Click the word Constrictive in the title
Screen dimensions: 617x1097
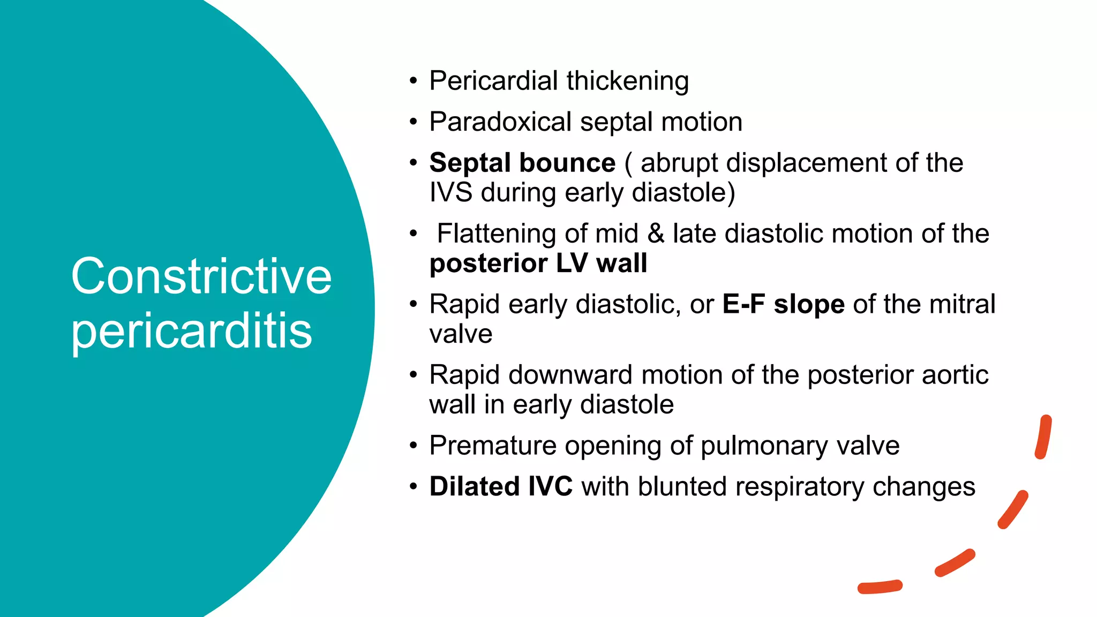pos(201,276)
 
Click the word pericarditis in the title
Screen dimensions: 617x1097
pos(191,331)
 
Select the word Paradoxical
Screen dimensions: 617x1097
pos(500,122)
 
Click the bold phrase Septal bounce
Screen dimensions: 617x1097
pos(522,163)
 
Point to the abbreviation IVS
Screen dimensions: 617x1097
pos(450,192)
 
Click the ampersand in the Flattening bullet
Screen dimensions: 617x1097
pos(656,234)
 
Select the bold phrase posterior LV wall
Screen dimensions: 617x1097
pos(538,264)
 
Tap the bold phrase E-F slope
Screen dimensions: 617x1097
pos(783,304)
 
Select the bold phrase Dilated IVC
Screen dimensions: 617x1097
pos(501,487)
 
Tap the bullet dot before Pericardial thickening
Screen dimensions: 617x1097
pos(413,81)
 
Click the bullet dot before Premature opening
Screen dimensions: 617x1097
pos(413,446)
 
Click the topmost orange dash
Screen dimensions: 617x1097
pos(1043,437)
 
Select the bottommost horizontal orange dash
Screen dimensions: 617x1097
pos(880,587)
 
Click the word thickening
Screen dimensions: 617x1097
pos(627,81)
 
